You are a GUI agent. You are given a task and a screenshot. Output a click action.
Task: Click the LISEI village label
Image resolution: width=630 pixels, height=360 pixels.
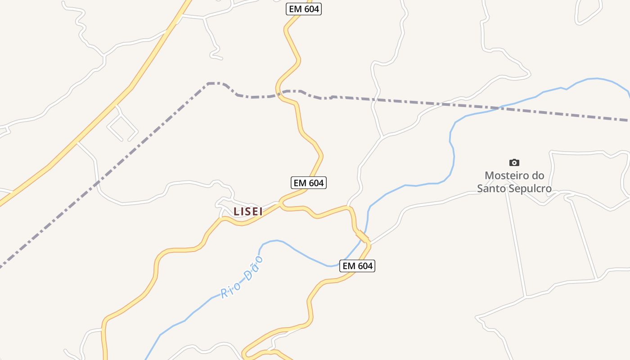coord(248,211)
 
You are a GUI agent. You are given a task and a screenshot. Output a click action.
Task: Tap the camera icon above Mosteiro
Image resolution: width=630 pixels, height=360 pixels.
coord(514,162)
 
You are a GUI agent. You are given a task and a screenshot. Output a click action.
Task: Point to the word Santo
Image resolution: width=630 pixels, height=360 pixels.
coord(493,189)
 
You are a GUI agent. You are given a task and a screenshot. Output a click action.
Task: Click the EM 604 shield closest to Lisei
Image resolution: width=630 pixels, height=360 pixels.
coord(308,183)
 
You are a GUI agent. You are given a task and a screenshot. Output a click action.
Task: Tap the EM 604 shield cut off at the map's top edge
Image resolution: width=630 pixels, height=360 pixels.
coord(304,9)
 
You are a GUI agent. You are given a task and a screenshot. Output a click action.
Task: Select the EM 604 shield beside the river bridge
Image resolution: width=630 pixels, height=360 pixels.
coord(358,266)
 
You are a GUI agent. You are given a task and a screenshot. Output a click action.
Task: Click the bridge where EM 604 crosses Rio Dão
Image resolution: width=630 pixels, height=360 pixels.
coord(362,236)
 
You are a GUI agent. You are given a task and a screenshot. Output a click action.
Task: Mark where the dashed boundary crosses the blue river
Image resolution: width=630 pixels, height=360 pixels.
coord(499,108)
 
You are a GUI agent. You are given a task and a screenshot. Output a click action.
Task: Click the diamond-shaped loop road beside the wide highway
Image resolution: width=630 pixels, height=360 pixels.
coord(122,126)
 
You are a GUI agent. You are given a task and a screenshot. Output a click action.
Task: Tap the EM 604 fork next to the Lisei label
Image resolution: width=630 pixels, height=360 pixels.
coord(280,203)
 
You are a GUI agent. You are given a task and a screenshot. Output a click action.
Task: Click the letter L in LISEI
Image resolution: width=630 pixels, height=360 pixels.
coord(236,211)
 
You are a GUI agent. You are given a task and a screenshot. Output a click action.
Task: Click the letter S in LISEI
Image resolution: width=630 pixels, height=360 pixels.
coord(249,211)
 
